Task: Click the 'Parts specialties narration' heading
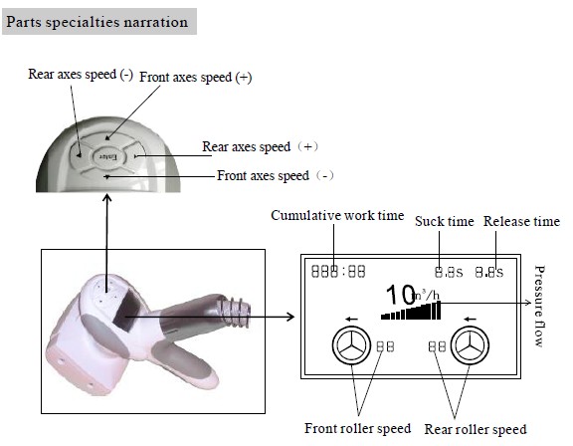point(97,22)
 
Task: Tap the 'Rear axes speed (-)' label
point(81,75)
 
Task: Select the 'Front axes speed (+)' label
point(196,77)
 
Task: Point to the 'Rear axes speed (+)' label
point(261,147)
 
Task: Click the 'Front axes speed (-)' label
point(276,176)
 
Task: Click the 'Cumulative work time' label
point(337,215)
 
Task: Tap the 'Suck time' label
point(445,221)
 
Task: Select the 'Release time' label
point(521,221)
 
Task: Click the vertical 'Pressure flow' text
point(539,306)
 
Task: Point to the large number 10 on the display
point(400,295)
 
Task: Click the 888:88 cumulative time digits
point(338,271)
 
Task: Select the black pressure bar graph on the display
point(411,311)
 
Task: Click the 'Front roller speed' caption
point(358,428)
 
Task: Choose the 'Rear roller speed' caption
point(476,429)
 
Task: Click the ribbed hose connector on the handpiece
point(234,312)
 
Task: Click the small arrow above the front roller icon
point(351,320)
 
